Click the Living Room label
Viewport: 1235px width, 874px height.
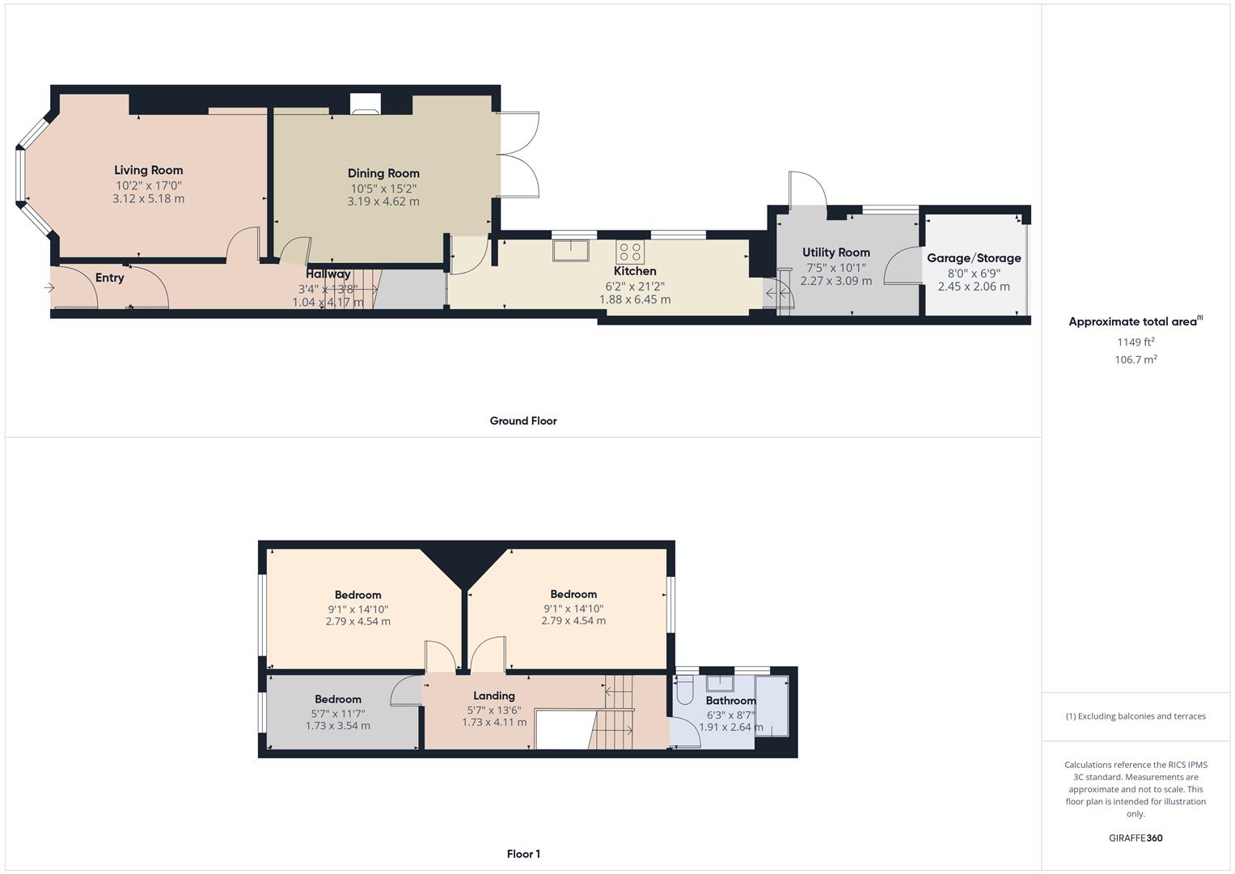[x=148, y=170]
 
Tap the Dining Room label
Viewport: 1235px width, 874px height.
[x=383, y=173]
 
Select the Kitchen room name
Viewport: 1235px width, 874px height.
[x=635, y=271]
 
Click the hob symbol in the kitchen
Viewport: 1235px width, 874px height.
[x=630, y=252]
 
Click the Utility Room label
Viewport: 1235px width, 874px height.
[x=835, y=252]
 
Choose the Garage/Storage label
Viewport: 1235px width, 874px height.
[x=973, y=258]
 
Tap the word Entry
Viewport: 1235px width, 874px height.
[x=110, y=278]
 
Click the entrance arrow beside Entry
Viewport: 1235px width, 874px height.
[x=50, y=287]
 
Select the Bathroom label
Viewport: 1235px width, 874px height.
[x=730, y=701]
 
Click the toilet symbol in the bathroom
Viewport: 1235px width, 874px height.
[x=683, y=690]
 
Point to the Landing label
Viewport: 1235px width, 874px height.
[x=493, y=696]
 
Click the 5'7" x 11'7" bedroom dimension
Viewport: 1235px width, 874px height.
[x=337, y=714]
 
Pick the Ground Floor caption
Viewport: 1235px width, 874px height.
[x=523, y=421]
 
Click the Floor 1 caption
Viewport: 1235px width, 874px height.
[x=523, y=854]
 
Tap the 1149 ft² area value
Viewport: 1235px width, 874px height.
[x=1136, y=342]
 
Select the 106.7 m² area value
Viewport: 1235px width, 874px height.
[x=1136, y=360]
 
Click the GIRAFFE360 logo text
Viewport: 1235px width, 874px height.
[x=1136, y=838]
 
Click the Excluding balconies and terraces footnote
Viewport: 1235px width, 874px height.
[x=1136, y=716]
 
